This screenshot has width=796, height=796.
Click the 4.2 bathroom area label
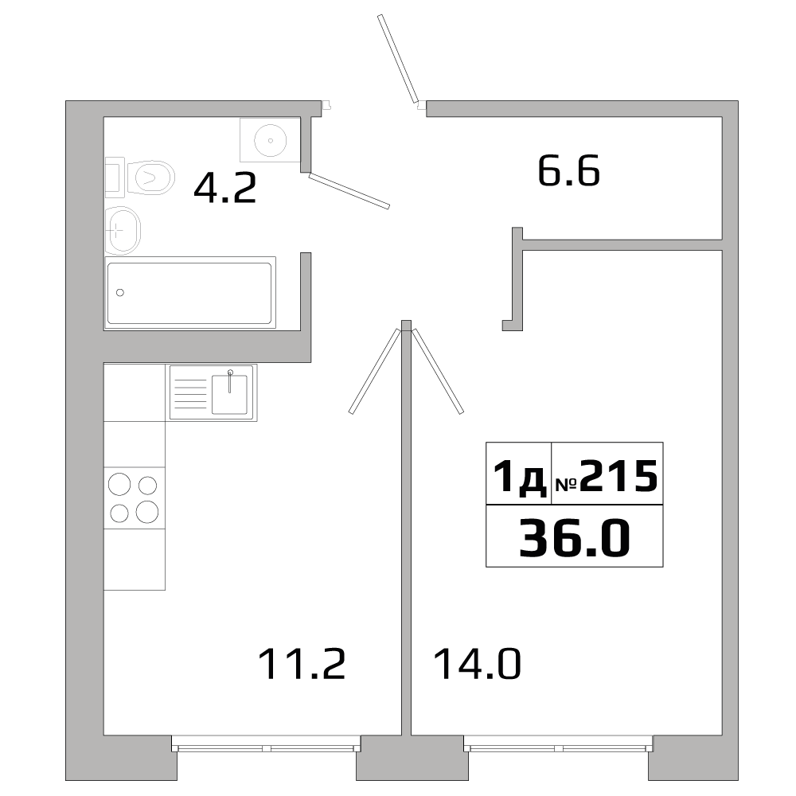point(225,189)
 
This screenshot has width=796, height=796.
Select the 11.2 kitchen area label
point(302,663)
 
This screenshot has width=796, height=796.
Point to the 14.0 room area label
point(477,663)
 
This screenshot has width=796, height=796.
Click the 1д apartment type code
point(518,477)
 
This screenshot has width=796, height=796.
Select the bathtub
point(189,292)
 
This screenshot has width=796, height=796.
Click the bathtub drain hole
point(121,292)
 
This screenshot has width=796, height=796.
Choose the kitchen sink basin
point(229,394)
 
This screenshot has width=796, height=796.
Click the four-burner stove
point(134,497)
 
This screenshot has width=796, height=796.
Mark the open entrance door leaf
point(398,60)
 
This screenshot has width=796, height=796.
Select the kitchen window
point(266,748)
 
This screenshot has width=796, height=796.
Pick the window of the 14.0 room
point(557,748)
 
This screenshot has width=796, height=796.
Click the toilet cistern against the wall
point(113,177)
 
